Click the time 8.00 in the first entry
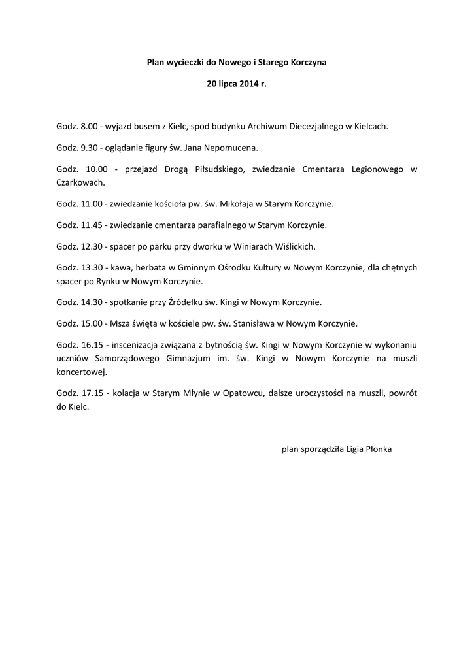click(x=88, y=125)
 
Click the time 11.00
click(x=90, y=204)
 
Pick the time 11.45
click(x=90, y=225)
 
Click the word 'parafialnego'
click(x=214, y=225)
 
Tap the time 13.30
click(x=90, y=268)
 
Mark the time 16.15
click(x=90, y=345)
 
